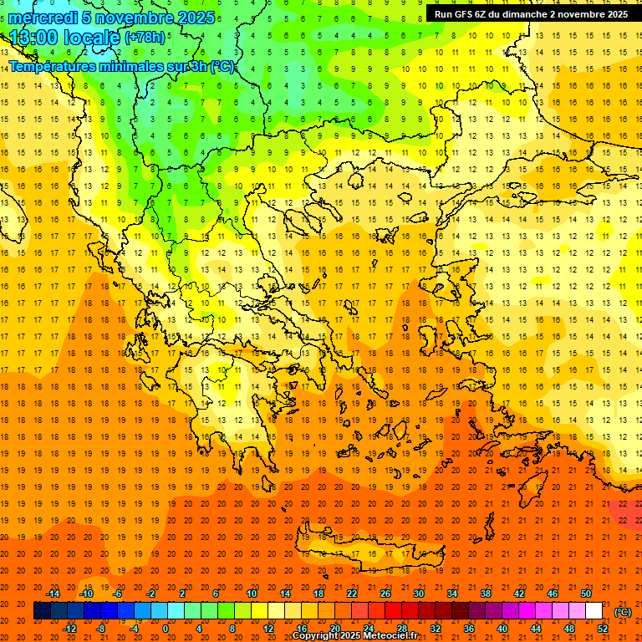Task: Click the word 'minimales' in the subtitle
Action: click(x=127, y=66)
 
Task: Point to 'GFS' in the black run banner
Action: click(x=467, y=14)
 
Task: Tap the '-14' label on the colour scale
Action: click(x=53, y=593)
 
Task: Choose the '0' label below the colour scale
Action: click(x=165, y=628)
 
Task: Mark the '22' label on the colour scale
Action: click(x=352, y=593)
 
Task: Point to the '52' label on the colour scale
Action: click(x=603, y=628)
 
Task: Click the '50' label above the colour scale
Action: click(x=586, y=593)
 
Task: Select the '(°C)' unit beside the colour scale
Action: click(x=623, y=612)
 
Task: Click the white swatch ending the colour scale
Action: click(x=594, y=611)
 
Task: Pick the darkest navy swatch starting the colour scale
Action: click(x=42, y=611)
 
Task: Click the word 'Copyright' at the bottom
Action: click(x=318, y=636)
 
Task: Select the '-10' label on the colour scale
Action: click(x=85, y=593)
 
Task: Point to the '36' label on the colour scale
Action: click(x=469, y=628)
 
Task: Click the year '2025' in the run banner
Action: click(x=614, y=14)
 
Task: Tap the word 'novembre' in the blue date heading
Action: click(x=138, y=18)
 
